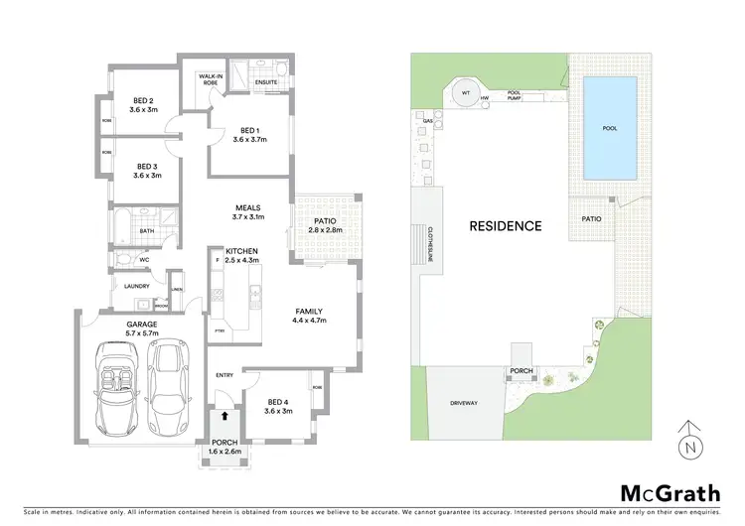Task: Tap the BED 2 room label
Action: click(143, 100)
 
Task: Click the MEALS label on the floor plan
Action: click(248, 207)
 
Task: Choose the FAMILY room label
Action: click(309, 311)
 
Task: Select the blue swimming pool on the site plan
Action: click(610, 129)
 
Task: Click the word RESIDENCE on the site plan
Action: click(506, 225)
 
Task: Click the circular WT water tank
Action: click(464, 94)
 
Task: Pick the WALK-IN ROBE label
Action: click(209, 79)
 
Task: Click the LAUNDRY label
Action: click(135, 286)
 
